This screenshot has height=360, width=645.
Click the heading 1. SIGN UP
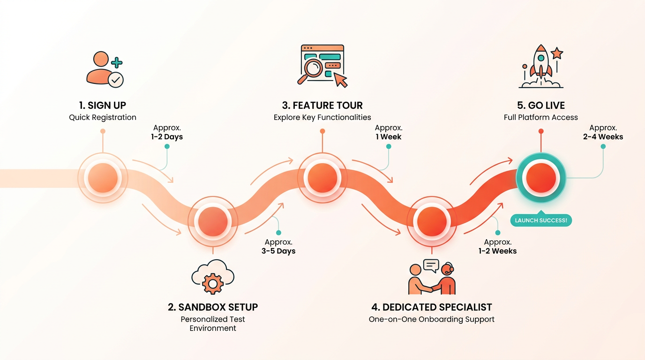point(103,105)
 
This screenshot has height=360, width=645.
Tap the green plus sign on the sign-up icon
point(117,62)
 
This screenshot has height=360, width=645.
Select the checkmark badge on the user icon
point(116,80)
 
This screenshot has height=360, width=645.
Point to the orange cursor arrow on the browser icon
point(340,80)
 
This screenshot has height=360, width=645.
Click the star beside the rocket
point(557,53)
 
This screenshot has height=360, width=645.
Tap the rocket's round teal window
point(541,58)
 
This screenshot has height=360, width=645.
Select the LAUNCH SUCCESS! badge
point(541,220)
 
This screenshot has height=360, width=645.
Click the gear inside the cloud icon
point(213,284)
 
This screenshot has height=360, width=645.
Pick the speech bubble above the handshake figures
point(431,265)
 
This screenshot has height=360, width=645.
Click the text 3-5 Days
point(278,251)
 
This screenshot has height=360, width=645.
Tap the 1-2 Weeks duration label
point(497,251)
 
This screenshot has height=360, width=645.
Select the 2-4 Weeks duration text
point(603,137)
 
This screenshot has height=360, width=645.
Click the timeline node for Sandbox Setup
point(213,221)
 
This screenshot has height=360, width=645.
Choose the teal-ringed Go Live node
point(541,178)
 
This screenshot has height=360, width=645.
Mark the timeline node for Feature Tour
point(322,178)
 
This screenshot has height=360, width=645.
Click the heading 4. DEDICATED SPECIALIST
point(432,307)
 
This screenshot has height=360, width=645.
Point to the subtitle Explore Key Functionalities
point(322,118)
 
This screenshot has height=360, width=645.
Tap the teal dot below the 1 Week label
point(389,146)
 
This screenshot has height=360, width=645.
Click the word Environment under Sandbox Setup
point(213,328)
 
